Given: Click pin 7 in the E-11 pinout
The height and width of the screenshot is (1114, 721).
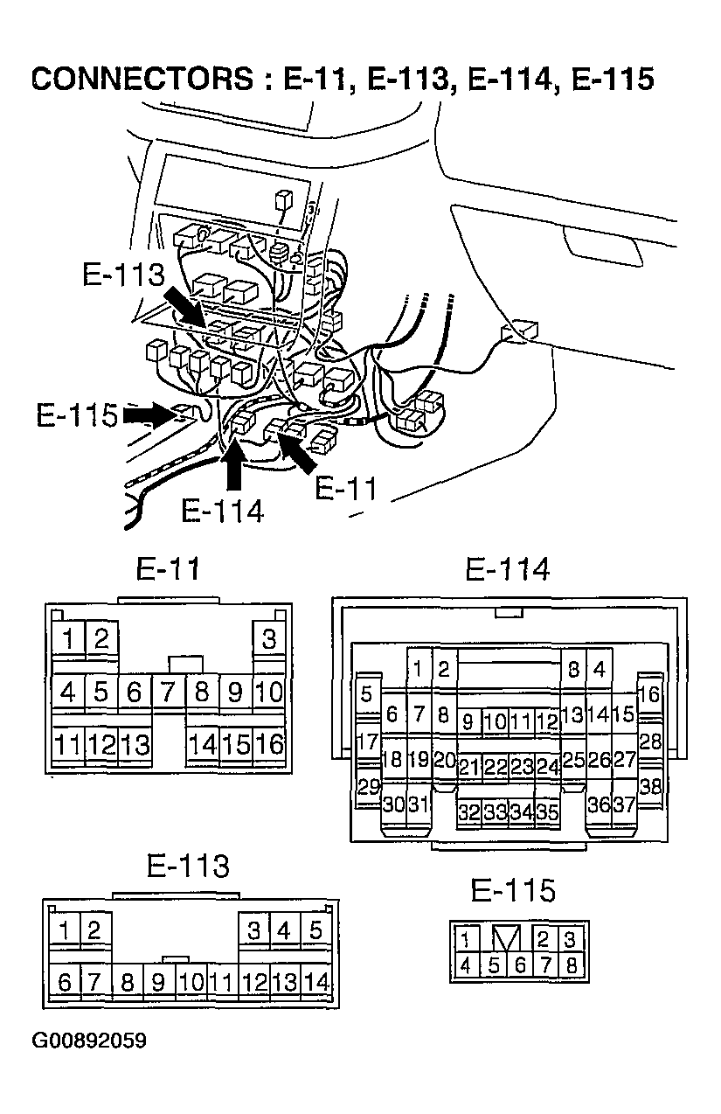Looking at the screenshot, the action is [x=169, y=691].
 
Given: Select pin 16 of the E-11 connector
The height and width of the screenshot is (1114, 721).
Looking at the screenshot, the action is [x=269, y=744].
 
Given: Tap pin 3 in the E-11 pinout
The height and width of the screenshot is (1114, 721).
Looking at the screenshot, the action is [x=269, y=638].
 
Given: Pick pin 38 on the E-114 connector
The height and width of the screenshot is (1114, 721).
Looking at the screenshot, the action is [x=650, y=787].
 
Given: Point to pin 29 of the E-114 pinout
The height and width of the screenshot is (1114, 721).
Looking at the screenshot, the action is [x=368, y=787].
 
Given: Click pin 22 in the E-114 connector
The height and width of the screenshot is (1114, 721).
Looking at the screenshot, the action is [x=495, y=766].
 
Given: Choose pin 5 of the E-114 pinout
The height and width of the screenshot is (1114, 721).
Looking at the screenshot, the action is [x=368, y=694].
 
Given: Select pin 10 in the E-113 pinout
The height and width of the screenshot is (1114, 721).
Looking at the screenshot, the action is [x=191, y=983].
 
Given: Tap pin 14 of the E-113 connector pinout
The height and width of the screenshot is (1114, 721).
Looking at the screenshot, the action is [x=316, y=983].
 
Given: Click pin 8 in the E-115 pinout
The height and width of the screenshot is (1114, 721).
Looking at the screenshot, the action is [x=572, y=965].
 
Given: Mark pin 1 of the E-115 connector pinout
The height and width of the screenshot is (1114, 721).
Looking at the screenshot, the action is [x=465, y=939].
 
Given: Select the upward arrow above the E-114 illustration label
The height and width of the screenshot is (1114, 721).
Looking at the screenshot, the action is [x=233, y=465].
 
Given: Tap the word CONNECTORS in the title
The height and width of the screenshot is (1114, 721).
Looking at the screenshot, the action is [x=142, y=78].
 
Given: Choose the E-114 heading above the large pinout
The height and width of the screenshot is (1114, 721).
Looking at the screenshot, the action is [x=508, y=569].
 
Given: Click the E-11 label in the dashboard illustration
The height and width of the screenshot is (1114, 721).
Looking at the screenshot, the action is [x=346, y=489].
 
